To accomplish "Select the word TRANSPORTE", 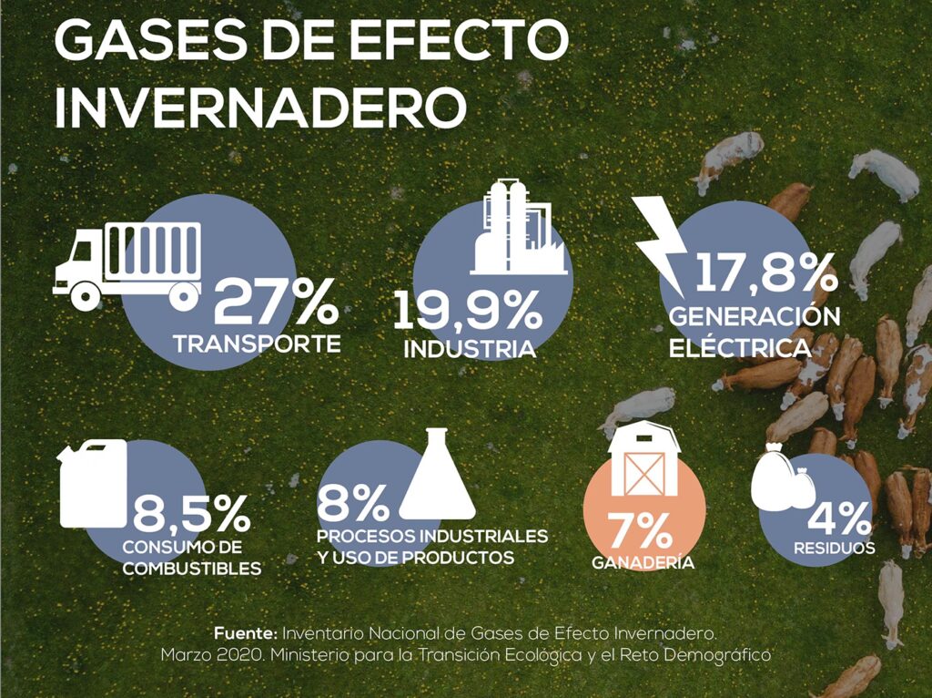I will [258, 344].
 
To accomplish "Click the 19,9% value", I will [467, 310].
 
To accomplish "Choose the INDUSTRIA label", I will [469, 349].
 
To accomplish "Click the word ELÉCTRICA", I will [739, 347].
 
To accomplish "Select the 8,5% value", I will [191, 515].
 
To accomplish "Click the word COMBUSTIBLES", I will [191, 568].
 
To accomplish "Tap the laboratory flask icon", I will [438, 475].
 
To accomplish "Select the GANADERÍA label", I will [643, 563].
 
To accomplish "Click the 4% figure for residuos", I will [838, 519].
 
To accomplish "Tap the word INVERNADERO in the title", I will [260, 107].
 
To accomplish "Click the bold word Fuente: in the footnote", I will [246, 631].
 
